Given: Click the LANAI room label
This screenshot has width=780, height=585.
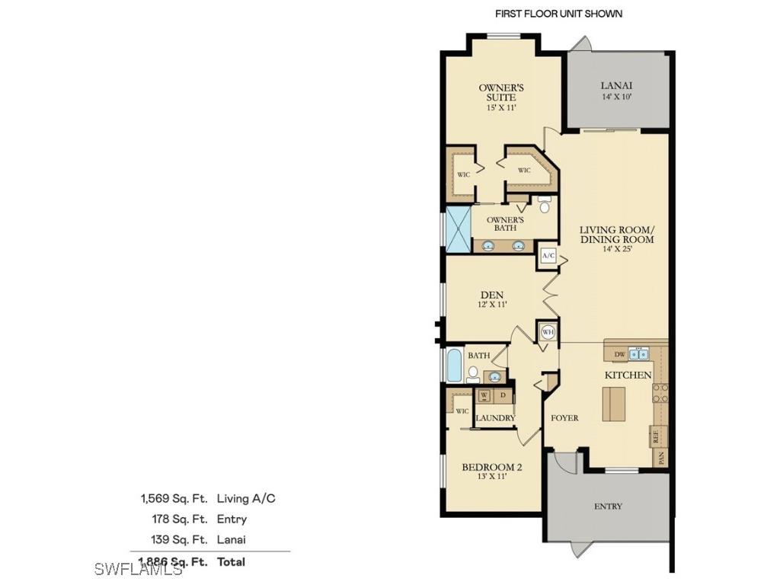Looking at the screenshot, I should pos(616,86).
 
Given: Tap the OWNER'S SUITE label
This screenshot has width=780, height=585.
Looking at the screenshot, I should pos(500,92).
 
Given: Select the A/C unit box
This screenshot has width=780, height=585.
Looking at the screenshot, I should pos(548,256).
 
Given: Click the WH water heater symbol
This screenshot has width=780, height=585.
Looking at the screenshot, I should pos(547,332).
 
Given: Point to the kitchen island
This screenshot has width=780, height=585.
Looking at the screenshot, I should pos(613,404).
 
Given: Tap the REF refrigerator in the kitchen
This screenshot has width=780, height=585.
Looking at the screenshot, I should pos(655,436).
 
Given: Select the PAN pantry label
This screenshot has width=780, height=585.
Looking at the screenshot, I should pos(661,458).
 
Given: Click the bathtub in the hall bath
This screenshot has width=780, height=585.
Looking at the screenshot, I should pos(455,366).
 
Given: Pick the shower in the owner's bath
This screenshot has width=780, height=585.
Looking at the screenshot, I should pos(459,229).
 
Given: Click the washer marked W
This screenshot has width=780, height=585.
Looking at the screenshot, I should pos(484,396).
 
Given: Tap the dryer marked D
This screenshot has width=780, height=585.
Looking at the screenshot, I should pos(503,396).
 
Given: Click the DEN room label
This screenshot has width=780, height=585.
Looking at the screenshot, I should pos(491,296).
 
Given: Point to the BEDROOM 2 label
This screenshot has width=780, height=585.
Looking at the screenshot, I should pos(491,467).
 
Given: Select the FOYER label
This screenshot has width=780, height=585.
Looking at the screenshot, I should pos(565,417).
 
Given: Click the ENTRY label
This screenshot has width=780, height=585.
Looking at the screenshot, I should pos(608,506).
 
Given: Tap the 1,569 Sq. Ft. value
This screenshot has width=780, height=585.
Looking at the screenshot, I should pos(174,498).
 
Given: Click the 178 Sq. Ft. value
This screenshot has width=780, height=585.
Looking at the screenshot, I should pos(179,519).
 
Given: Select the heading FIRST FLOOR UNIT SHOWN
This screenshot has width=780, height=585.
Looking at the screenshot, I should pos(558,14).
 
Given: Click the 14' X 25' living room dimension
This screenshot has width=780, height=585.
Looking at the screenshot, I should pos(617,249).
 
